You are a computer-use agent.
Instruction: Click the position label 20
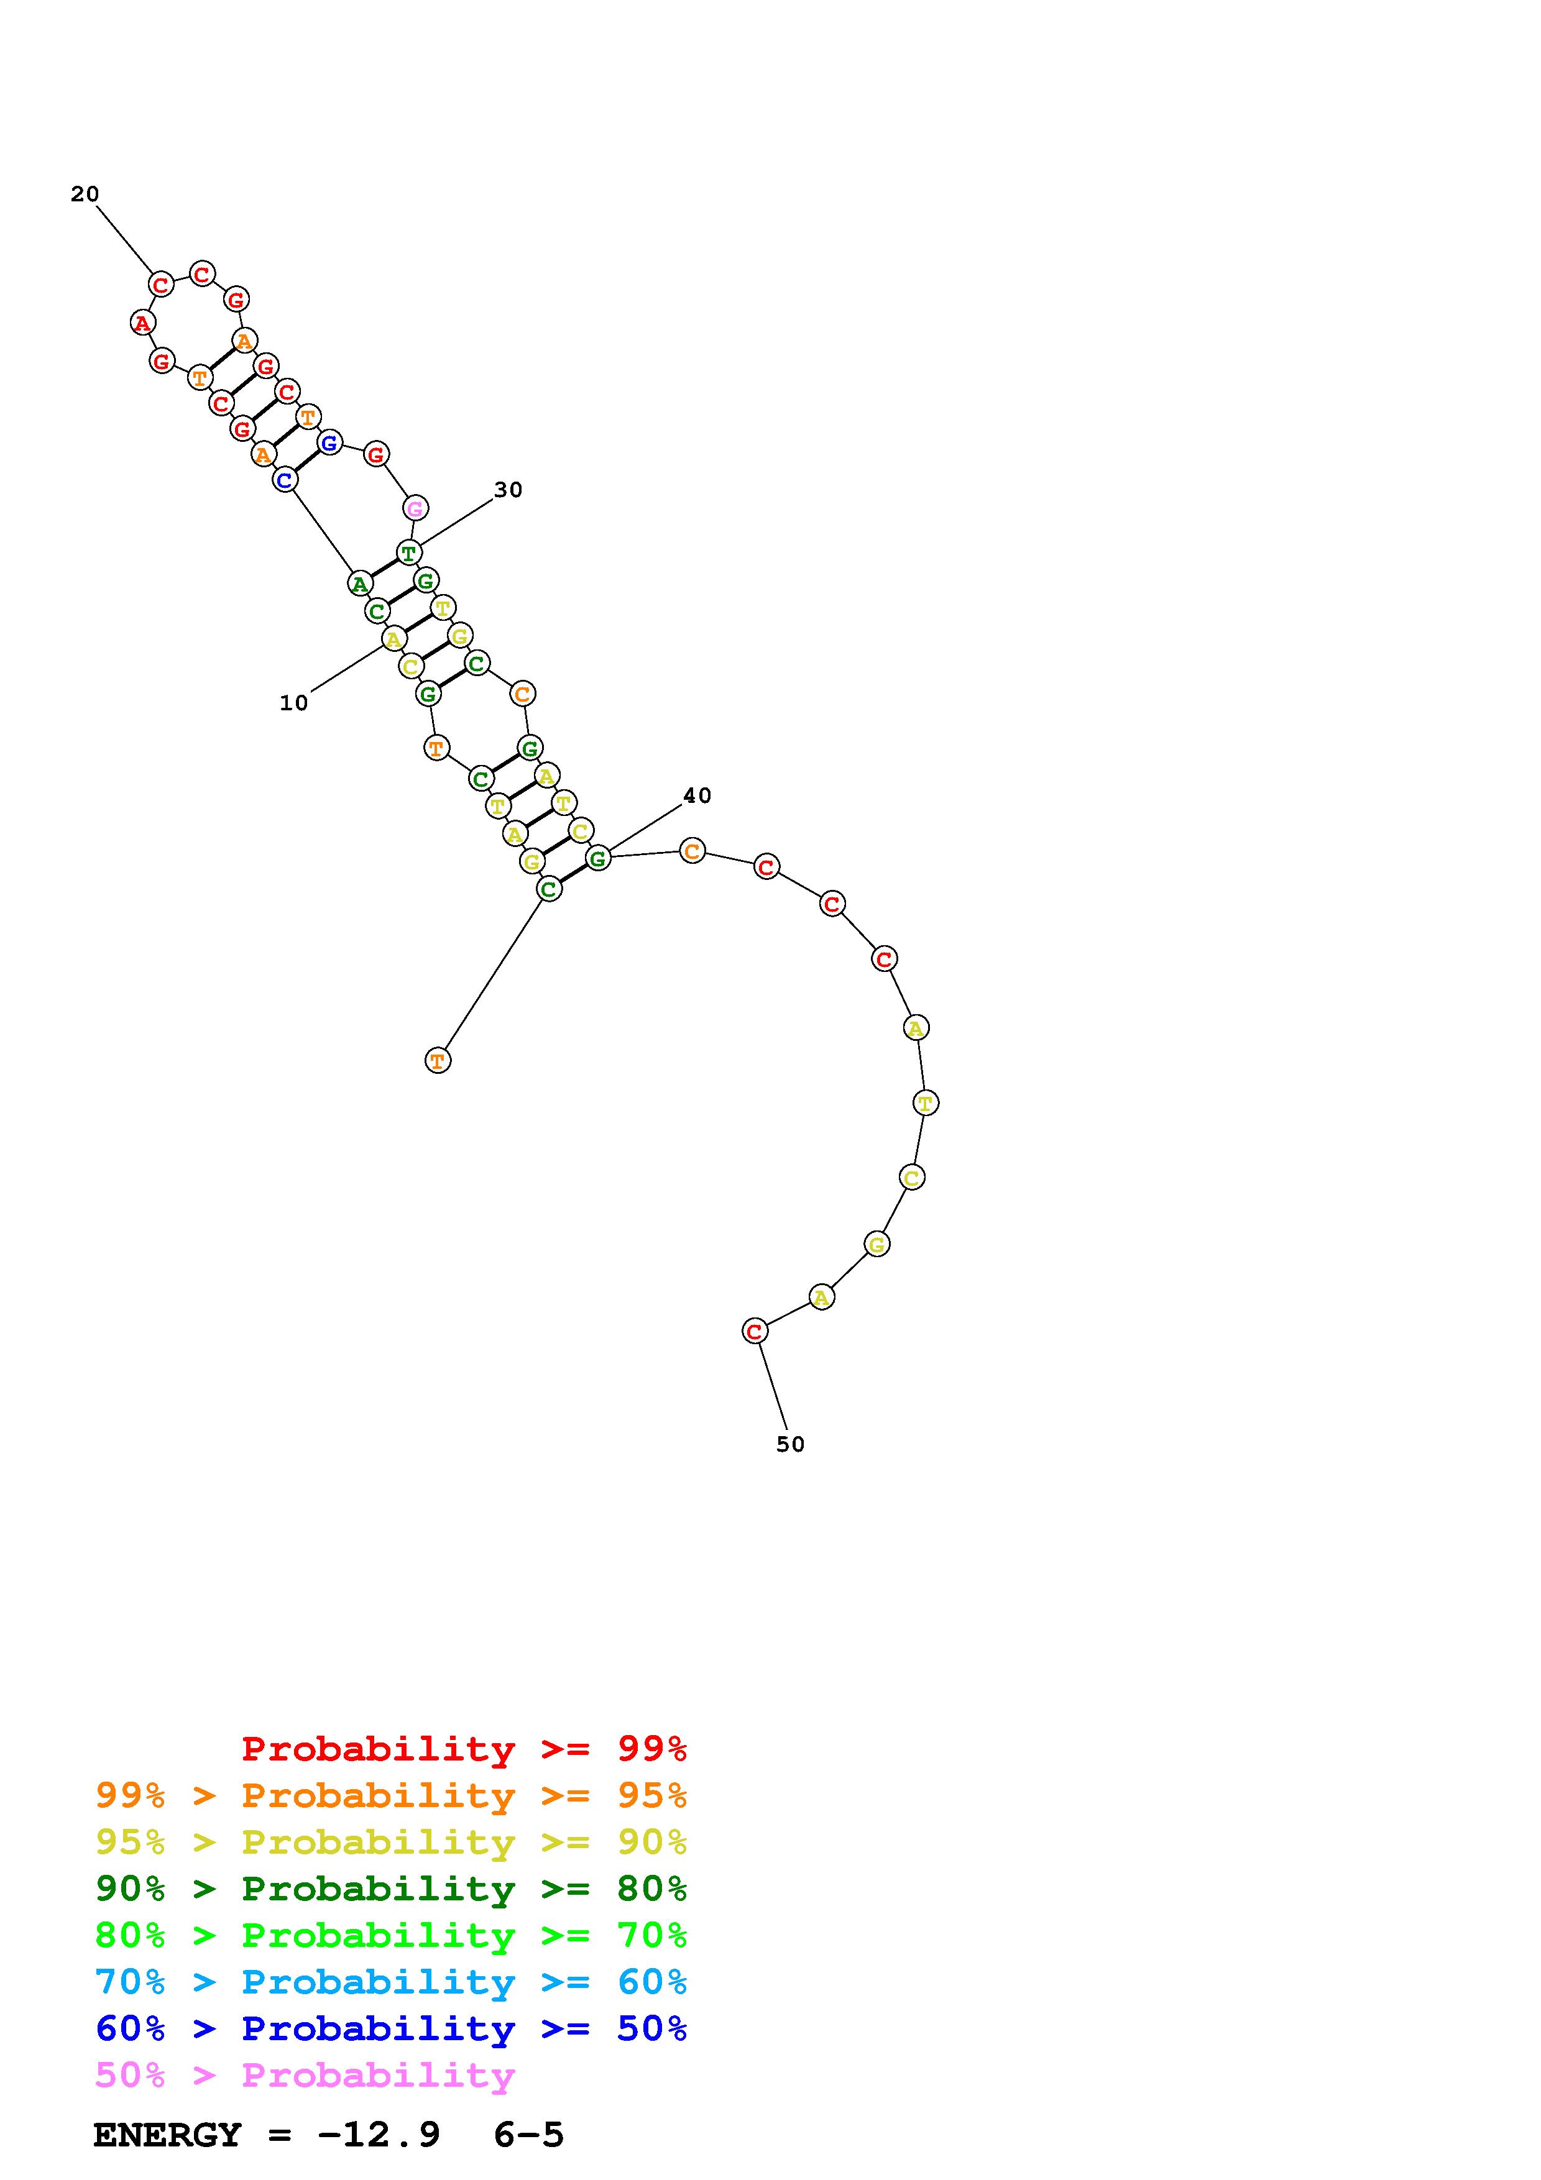pos(85,195)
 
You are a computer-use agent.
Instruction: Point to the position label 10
pos(293,703)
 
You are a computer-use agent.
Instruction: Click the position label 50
pos(790,1444)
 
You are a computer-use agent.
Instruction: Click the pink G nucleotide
pos(415,509)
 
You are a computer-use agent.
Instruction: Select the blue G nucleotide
pos(329,442)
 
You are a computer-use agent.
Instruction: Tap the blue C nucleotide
pos(285,480)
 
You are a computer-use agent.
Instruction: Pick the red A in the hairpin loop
pos(142,323)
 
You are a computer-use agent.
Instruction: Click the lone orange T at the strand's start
pos(438,1061)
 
